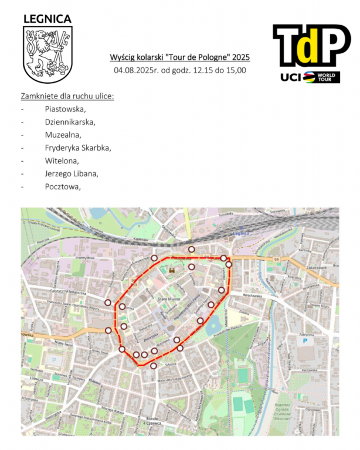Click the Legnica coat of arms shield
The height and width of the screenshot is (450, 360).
point(47,55)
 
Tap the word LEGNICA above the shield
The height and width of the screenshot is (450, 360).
point(47,19)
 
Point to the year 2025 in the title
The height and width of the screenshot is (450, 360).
point(240,57)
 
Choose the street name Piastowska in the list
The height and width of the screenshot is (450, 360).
point(65,109)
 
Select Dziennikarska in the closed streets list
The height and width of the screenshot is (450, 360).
point(70,122)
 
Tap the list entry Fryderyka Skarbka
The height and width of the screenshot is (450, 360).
point(77,148)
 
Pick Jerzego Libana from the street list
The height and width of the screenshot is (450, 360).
point(72,174)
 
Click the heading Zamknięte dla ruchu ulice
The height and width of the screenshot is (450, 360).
point(67,96)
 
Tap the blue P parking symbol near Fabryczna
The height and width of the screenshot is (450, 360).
point(304,340)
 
